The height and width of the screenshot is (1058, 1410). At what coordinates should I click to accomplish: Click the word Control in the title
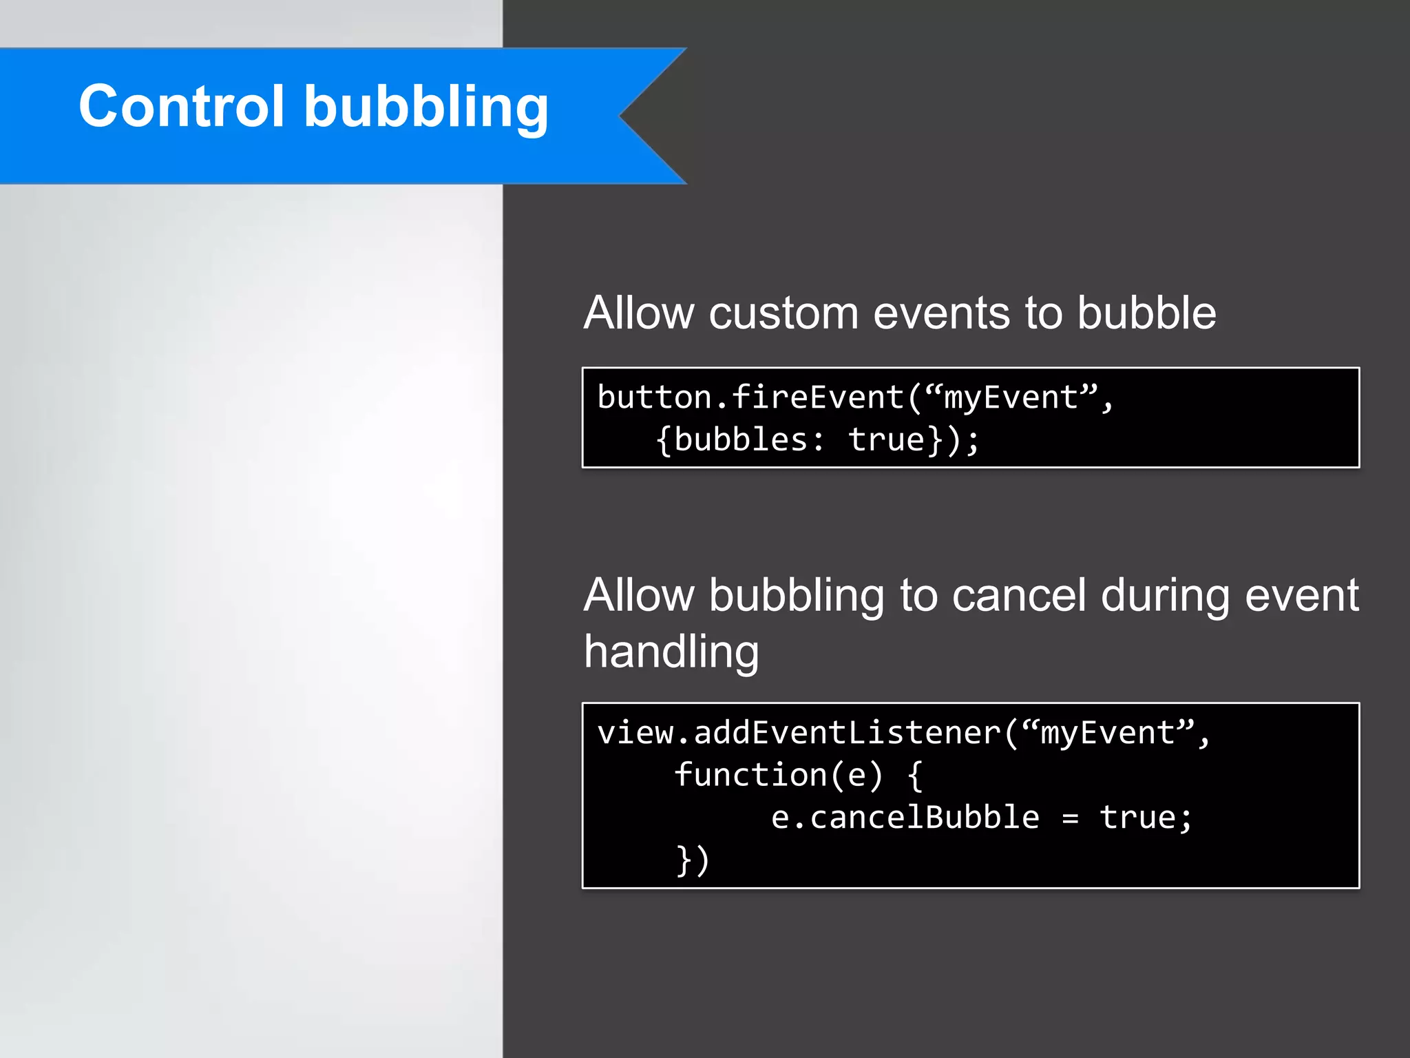(181, 106)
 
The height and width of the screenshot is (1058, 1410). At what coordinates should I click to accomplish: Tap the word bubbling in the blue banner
(426, 109)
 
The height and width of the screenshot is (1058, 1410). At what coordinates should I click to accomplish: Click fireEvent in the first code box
(817, 397)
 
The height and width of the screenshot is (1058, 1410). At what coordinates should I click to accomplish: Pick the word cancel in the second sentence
(1019, 595)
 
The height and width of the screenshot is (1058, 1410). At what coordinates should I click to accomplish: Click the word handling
(671, 652)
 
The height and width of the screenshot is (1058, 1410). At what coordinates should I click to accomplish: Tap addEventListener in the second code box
(847, 733)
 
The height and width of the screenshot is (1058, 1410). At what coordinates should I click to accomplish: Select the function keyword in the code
(750, 775)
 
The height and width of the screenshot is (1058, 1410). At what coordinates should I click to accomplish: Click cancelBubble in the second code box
(924, 818)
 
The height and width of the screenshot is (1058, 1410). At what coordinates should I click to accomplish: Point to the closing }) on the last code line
(693, 860)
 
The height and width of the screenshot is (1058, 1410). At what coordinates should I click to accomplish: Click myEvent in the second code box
(1107, 733)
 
